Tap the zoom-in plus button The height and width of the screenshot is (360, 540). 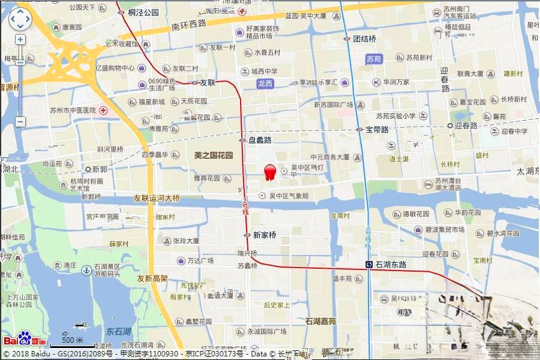(x=20, y=40)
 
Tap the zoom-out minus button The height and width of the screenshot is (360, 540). (x=20, y=122)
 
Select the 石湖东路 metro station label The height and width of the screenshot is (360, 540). (x=391, y=264)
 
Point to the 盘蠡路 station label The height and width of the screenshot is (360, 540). (x=260, y=140)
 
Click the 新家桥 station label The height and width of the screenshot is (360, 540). (x=264, y=235)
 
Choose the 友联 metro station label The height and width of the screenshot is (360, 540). (x=207, y=82)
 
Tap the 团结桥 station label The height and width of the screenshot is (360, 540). (x=364, y=38)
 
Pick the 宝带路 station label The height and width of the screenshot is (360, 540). (x=377, y=129)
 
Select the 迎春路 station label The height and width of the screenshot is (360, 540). (x=466, y=125)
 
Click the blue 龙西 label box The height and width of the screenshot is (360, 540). (x=265, y=83)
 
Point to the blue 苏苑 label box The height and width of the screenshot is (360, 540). (x=373, y=59)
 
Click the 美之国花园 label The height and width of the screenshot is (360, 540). (x=213, y=155)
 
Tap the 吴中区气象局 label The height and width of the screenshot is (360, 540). (x=289, y=196)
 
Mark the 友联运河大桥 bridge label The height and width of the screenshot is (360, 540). (x=156, y=198)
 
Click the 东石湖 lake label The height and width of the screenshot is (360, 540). (x=118, y=331)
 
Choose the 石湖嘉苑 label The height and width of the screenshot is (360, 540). (x=325, y=321)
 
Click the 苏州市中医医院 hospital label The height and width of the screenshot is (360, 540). (x=74, y=110)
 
